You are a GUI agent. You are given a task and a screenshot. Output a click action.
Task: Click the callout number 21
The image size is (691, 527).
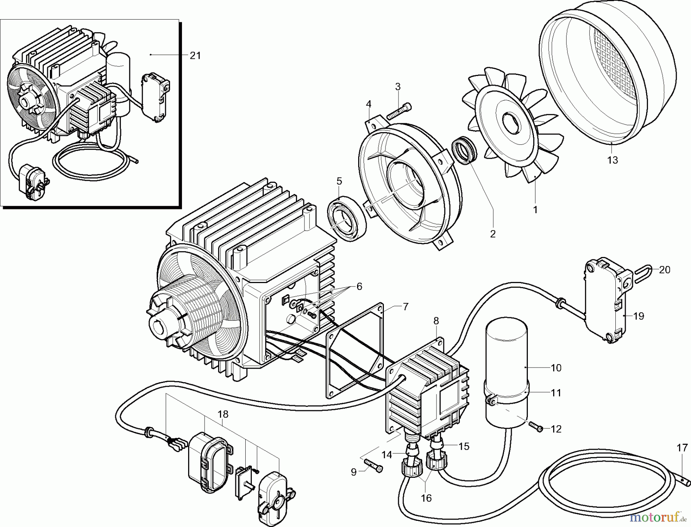click(195, 56)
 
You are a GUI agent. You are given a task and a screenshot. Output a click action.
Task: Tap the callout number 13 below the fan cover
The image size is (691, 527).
click(613, 160)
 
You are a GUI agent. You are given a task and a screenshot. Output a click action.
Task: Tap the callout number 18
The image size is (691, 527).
click(223, 414)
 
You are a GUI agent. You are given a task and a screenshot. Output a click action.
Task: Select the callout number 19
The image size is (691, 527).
click(638, 316)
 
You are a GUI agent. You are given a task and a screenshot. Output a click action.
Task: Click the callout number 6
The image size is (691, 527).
click(359, 287)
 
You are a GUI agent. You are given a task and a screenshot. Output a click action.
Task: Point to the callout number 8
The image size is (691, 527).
click(436, 321)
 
